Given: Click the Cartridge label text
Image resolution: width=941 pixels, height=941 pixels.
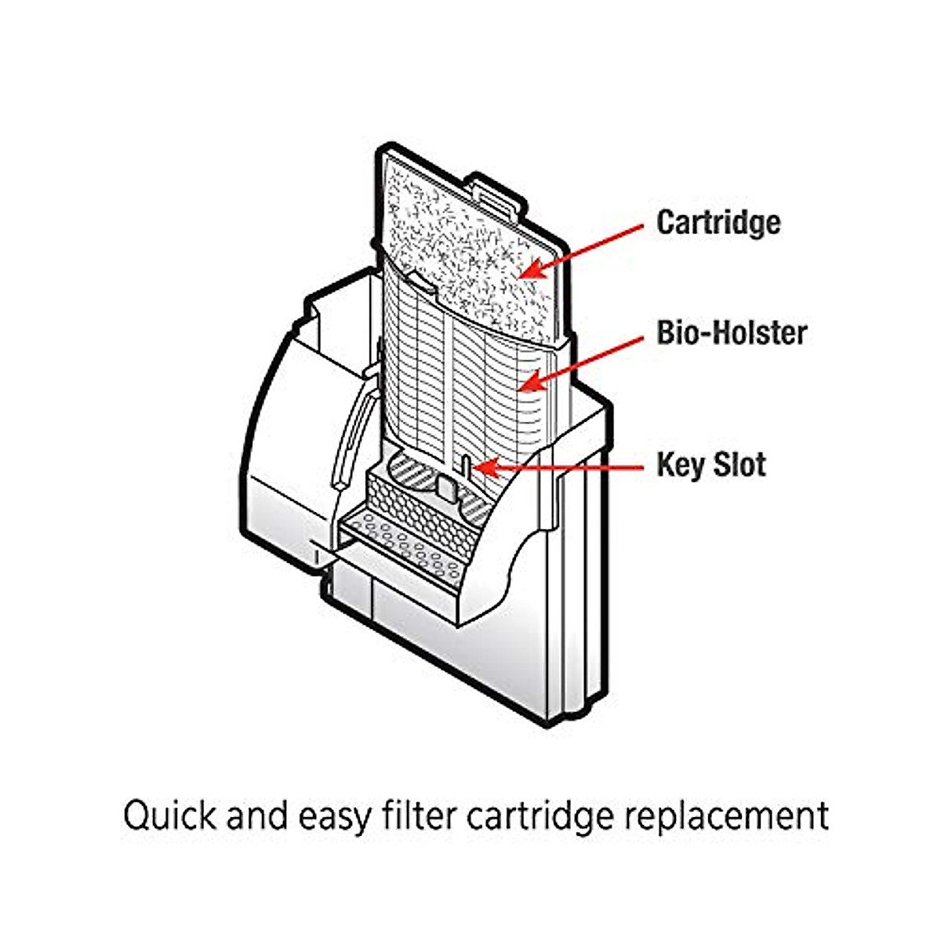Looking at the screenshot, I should [x=718, y=223].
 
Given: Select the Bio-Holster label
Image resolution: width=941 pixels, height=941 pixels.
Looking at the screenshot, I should [x=731, y=333].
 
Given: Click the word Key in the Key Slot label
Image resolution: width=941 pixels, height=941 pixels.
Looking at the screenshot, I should [x=678, y=465].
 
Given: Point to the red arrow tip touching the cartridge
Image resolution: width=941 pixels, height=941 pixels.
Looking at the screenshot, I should [x=521, y=276].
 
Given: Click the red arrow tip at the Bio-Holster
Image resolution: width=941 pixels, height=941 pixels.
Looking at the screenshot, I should [x=521, y=388].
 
